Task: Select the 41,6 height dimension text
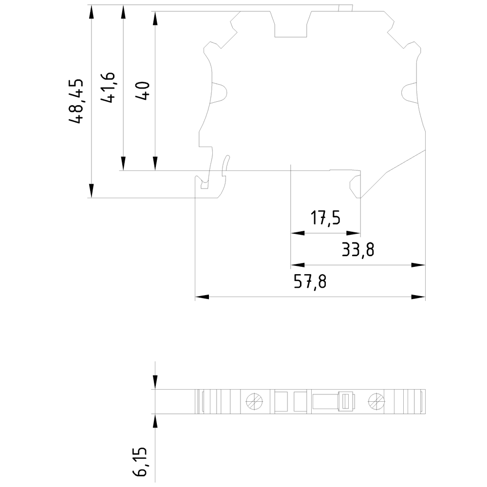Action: (x=108, y=88)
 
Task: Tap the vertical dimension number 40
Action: (x=143, y=91)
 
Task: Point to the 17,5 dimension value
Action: (x=326, y=218)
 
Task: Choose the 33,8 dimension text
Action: (x=358, y=250)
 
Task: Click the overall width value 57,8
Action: (x=310, y=281)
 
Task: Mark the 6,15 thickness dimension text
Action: (x=142, y=463)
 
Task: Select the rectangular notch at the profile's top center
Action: (x=291, y=24)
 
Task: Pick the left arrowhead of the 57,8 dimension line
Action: (x=202, y=297)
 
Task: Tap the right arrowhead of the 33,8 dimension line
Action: (x=418, y=265)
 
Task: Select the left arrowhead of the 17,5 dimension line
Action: (x=297, y=234)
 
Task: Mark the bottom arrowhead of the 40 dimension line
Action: (x=155, y=164)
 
